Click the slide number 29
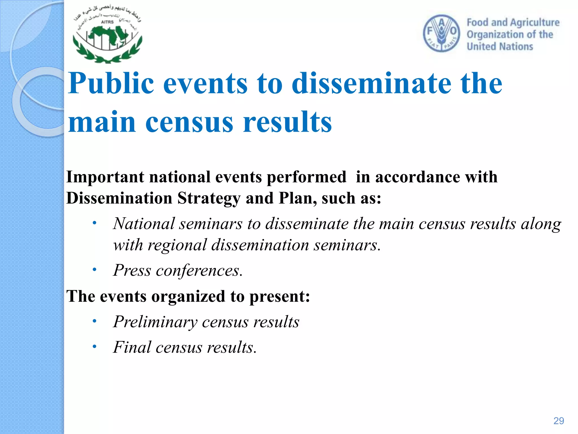pos(559,421)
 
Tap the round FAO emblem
pos(441,33)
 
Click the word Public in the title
pos(111,83)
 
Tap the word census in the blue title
pos(189,122)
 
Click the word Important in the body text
pos(105,177)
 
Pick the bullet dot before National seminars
pos(95,223)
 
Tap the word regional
pos(177,245)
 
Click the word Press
pos(132,270)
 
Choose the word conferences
pos(199,270)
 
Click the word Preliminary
pos(155,322)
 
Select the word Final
pos(132,347)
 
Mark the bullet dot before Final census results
pos(95,347)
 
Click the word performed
pos(306,177)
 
